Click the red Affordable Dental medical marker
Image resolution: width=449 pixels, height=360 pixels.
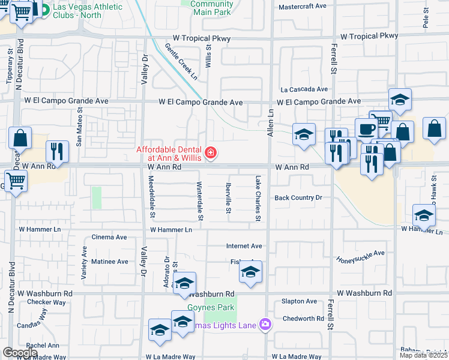tap(211, 154)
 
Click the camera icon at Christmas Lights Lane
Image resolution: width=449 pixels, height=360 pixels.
tap(265, 325)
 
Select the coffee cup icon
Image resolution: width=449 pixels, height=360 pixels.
tap(366, 128)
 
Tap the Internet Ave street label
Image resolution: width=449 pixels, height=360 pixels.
tap(244, 246)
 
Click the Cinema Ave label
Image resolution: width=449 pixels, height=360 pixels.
tap(109, 237)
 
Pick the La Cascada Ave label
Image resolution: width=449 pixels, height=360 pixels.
tap(304, 89)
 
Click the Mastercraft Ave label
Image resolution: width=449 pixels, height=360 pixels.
tap(303, 6)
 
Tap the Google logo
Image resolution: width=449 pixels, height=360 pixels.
tap(19, 352)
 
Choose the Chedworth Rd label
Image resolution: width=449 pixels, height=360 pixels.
tap(303, 319)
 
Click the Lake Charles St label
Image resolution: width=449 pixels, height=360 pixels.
tap(258, 198)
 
